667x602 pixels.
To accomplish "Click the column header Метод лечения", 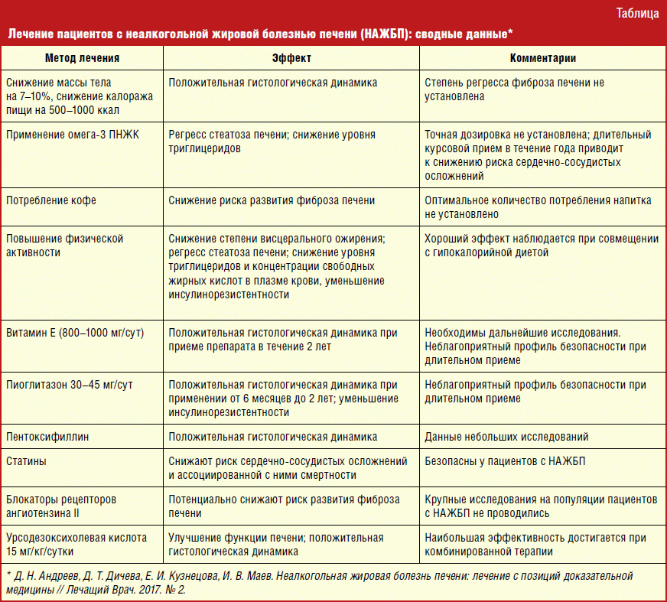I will [x=82, y=58].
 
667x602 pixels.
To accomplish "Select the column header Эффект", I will [x=291, y=58].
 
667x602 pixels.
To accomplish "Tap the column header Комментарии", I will [x=543, y=58].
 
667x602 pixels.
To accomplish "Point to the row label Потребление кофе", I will [x=51, y=200].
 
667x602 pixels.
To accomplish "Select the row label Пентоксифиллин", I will [x=48, y=437].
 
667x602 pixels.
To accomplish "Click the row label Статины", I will [x=26, y=462].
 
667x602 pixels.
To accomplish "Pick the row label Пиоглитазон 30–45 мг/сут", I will [x=70, y=384].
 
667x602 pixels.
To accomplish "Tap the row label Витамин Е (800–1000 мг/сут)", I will [x=75, y=333].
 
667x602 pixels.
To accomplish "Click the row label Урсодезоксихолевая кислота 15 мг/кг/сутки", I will [x=76, y=544].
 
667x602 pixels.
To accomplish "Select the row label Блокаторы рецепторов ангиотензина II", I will [x=61, y=506].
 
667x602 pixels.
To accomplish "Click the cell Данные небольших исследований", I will [x=506, y=437].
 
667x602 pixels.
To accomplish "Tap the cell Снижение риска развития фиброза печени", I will [x=272, y=200].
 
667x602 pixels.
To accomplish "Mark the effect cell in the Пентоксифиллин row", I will [x=273, y=437].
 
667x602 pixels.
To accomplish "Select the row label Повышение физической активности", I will [x=64, y=246].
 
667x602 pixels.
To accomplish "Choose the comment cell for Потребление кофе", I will [x=538, y=207].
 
